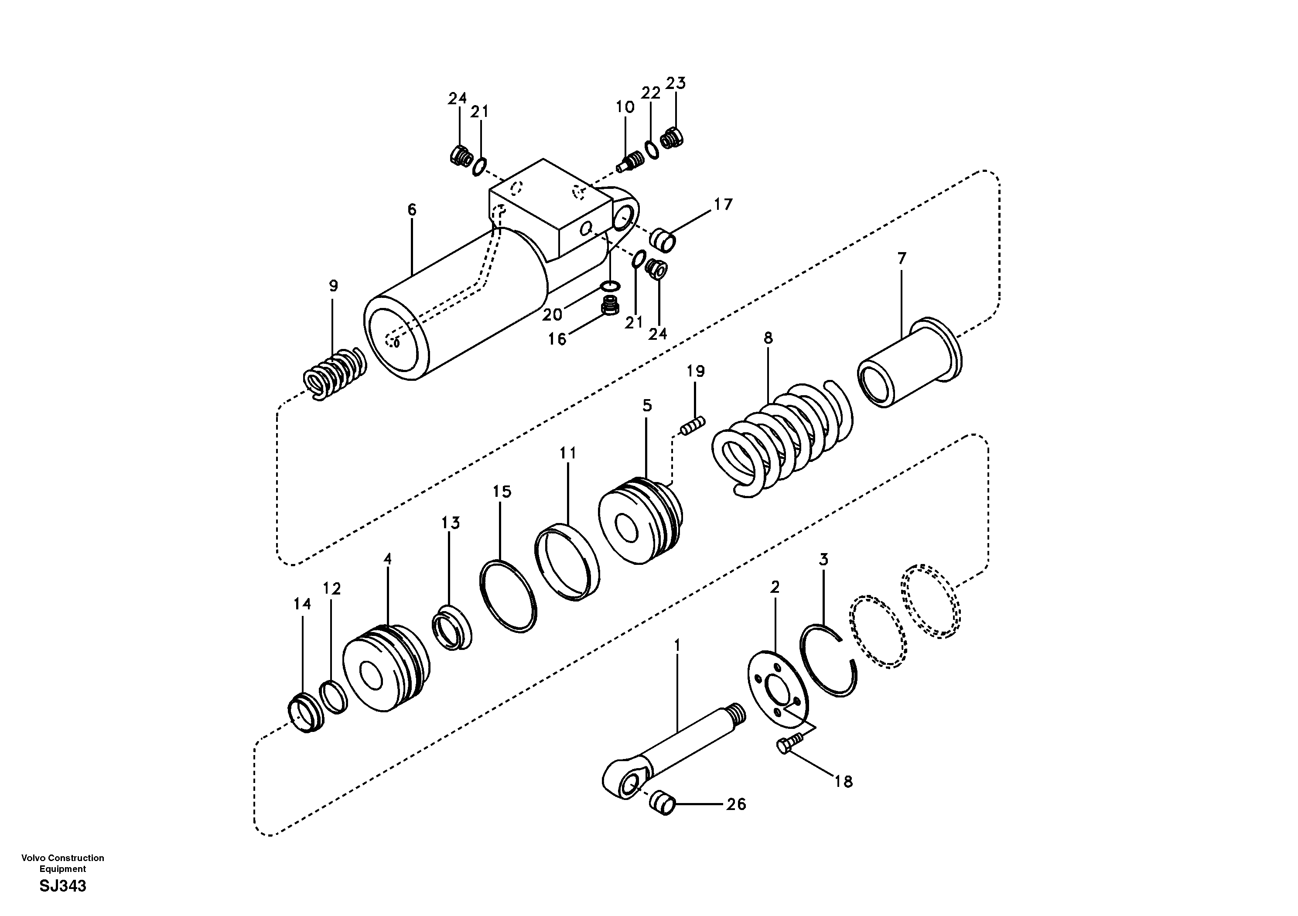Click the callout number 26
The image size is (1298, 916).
736,804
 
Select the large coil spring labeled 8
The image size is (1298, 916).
780,438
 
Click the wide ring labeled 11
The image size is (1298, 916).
567,563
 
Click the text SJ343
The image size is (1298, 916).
63,886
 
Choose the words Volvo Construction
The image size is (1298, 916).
63,858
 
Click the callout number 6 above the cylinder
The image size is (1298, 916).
412,210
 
